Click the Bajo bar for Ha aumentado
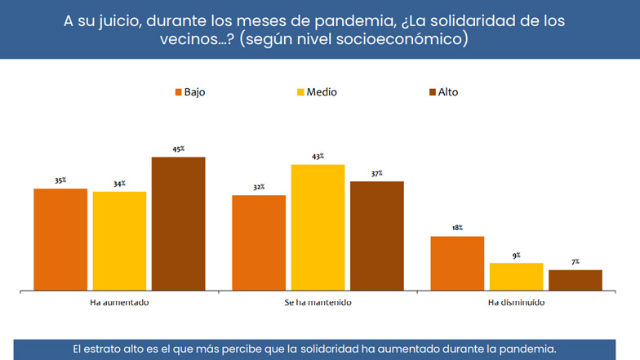click(x=60, y=239)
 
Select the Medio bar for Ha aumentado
click(x=119, y=241)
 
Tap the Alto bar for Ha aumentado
click(x=178, y=224)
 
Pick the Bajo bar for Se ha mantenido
click(x=259, y=242)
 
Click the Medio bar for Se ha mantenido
click(x=318, y=227)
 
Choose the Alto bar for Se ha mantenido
click(x=376, y=235)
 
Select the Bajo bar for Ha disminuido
click(x=457, y=263)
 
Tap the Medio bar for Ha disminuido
click(x=516, y=276)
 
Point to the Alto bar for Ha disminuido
click(x=575, y=279)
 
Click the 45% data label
click(x=178, y=149)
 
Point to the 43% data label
click(x=318, y=156)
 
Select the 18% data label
click(x=457, y=228)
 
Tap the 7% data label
click(x=575, y=261)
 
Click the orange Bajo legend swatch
click(x=177, y=92)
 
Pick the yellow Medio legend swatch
click(x=300, y=92)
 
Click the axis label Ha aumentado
click(x=118, y=302)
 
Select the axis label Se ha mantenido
click(x=318, y=302)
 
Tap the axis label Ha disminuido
click(x=516, y=302)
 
